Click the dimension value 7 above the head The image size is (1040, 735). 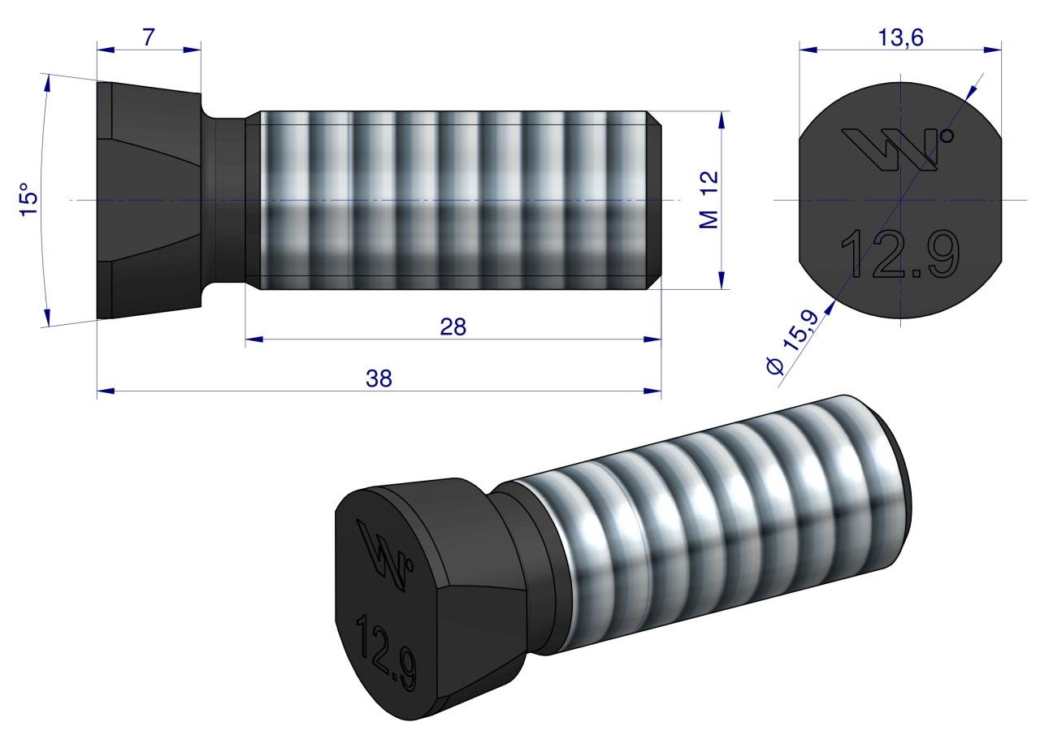(x=149, y=37)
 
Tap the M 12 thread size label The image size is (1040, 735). (x=708, y=200)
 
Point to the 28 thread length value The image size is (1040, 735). (x=453, y=326)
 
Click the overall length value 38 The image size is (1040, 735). (x=379, y=378)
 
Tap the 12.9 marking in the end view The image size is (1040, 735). (x=899, y=252)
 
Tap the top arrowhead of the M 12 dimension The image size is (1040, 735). (x=721, y=119)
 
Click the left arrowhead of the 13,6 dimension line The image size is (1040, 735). (x=807, y=49)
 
